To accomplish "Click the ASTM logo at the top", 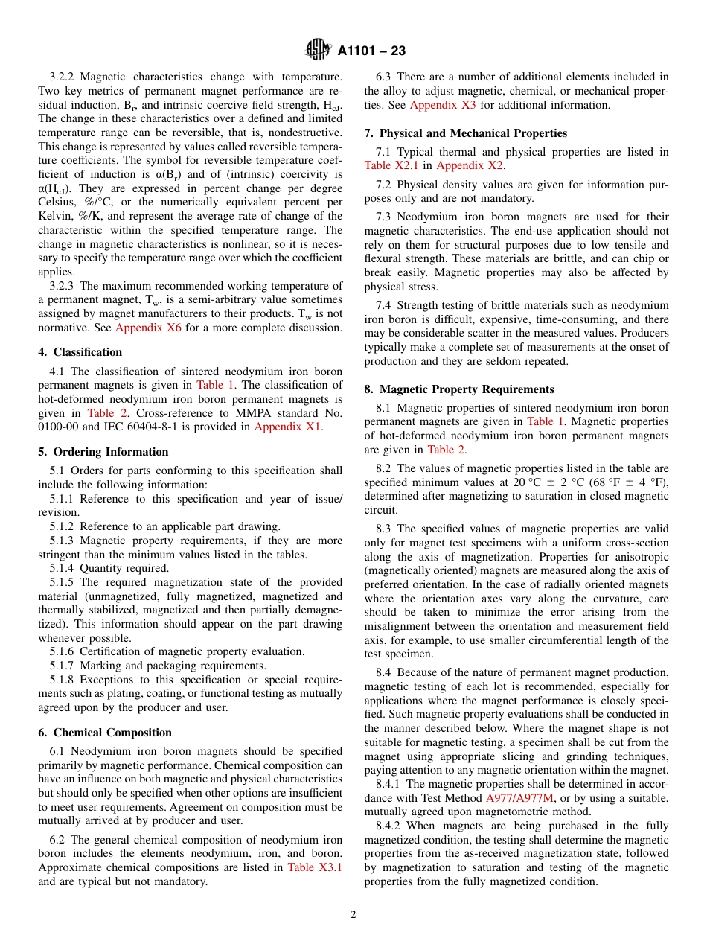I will (318, 51).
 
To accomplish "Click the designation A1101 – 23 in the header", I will (371, 51).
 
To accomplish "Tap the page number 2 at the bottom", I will (353, 915).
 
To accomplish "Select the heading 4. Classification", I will (80, 352).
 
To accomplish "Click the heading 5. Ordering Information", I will (103, 452).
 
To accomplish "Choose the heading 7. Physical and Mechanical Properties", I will (465, 133).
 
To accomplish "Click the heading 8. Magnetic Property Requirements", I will (459, 389).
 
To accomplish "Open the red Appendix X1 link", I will (287, 427).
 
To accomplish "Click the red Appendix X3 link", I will (443, 105).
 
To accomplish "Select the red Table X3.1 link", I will (315, 867).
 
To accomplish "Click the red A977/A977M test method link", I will (520, 798).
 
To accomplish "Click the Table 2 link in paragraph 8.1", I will (446, 450).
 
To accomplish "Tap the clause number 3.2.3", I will (65, 286).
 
